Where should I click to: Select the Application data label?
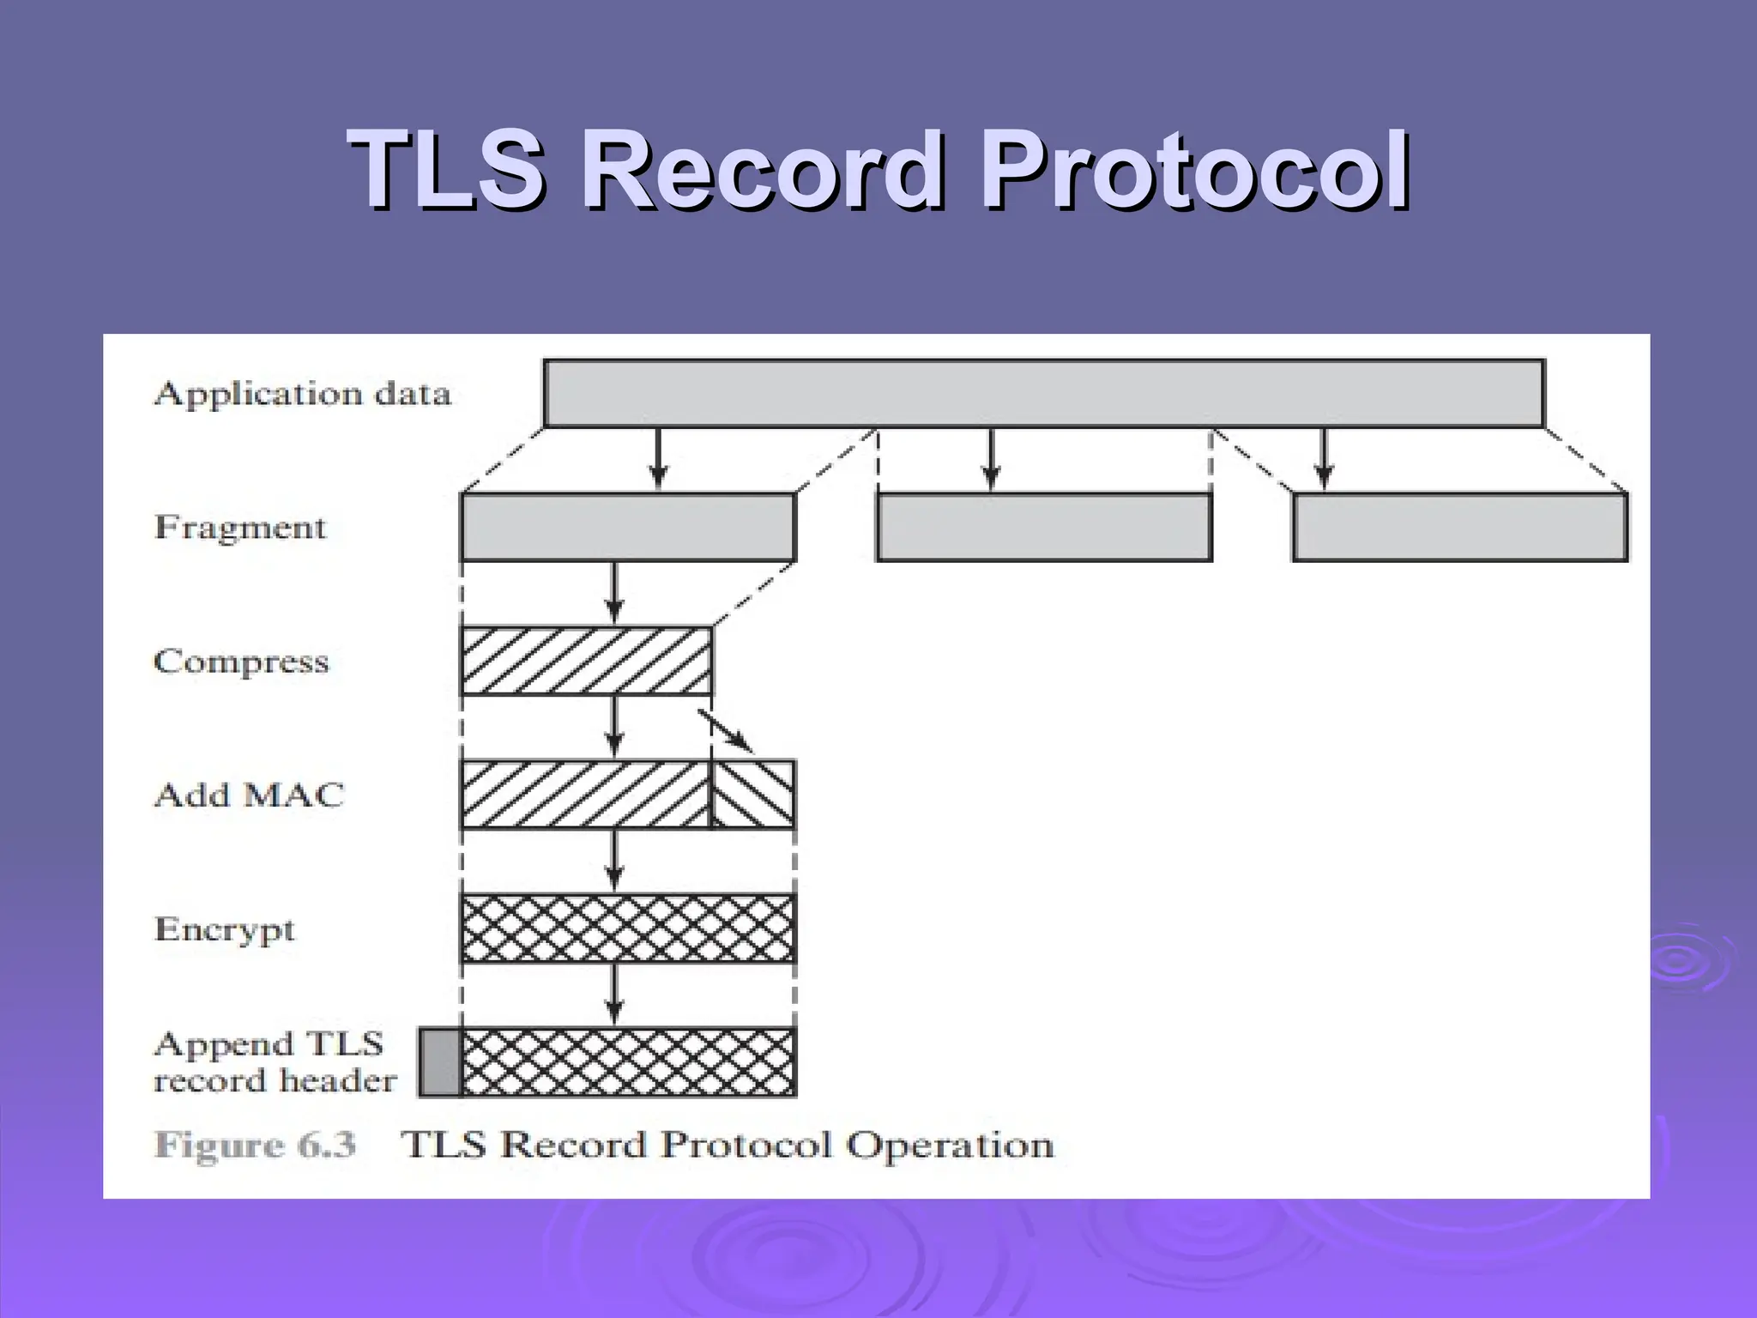coord(302,394)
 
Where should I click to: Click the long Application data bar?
coord(1043,394)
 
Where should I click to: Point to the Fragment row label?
coord(240,527)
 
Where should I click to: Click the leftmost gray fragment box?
coord(628,527)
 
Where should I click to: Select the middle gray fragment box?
coord(1044,527)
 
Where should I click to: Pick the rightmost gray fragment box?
coord(1459,527)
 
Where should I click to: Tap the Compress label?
coord(241,662)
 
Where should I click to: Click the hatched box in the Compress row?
coord(586,661)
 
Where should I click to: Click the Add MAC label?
coord(249,795)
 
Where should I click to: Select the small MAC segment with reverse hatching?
coord(752,795)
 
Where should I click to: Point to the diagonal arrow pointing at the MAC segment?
coord(728,732)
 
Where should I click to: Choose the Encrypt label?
coord(225,929)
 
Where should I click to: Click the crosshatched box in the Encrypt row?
coord(628,928)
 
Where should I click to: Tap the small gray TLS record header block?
coord(439,1062)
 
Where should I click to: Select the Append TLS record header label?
coord(275,1062)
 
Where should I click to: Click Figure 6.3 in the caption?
coord(255,1145)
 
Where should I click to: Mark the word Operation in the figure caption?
coord(950,1145)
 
